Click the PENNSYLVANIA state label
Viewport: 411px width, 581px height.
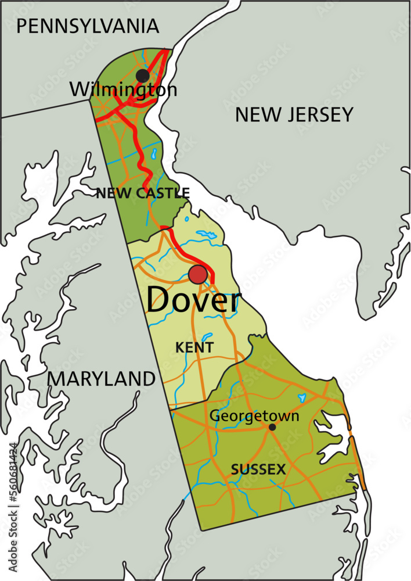88,26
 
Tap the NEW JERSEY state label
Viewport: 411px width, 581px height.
294,114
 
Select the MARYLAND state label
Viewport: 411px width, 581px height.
102,379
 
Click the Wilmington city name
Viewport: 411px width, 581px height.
123,89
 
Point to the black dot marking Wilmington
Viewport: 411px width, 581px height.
142,76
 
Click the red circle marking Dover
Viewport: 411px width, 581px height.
198,275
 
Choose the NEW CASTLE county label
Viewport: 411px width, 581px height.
143,193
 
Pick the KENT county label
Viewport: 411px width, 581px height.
194,347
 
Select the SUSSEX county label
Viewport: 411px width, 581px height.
258,469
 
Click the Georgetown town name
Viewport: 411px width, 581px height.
254,415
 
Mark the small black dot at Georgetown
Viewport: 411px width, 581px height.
272,427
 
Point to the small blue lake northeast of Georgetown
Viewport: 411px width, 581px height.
301,399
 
